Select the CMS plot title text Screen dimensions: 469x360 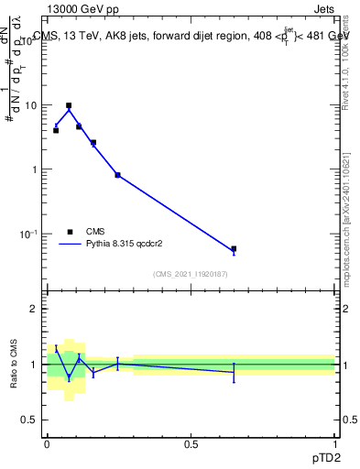[191, 37]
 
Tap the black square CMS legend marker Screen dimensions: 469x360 [69, 232]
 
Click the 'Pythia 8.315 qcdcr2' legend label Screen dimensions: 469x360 [127, 245]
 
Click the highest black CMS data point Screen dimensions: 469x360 [69, 105]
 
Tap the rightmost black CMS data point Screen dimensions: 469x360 [234, 248]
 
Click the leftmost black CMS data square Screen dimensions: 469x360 [56, 130]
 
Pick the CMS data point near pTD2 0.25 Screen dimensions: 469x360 [117, 175]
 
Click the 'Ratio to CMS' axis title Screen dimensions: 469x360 [15, 365]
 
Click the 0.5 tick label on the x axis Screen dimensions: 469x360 [191, 443]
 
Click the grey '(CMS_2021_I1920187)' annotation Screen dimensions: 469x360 [191, 274]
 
